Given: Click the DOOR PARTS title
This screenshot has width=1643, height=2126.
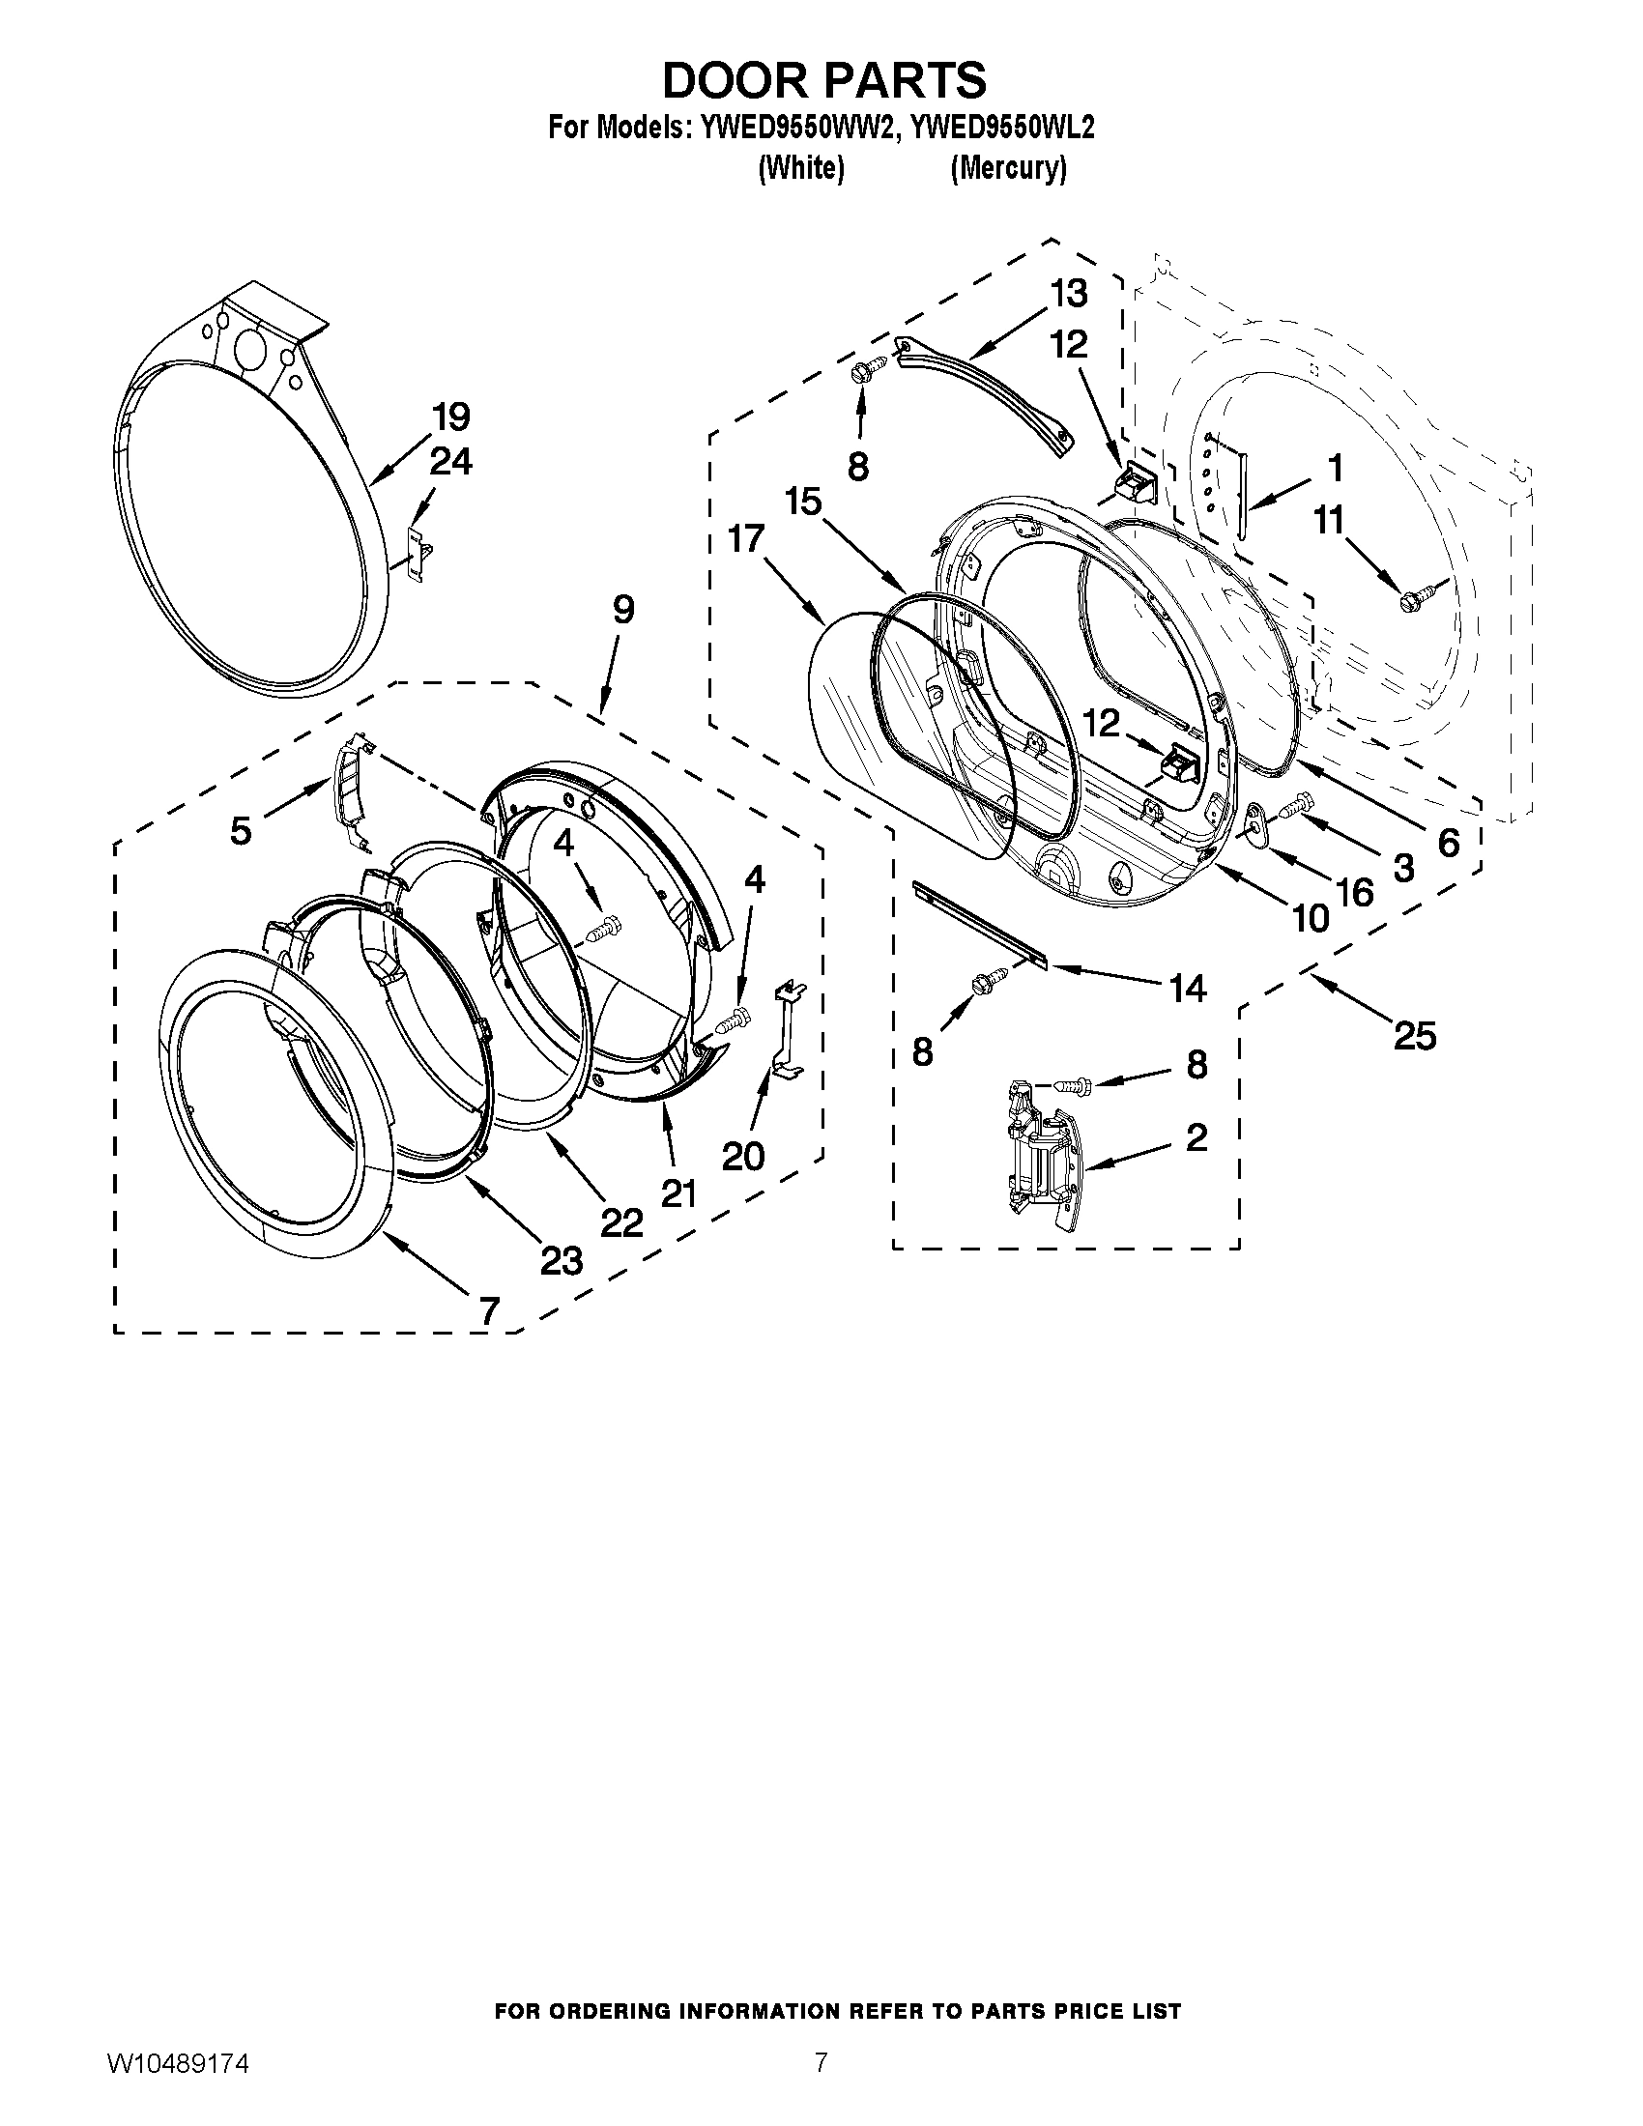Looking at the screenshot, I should pos(823,80).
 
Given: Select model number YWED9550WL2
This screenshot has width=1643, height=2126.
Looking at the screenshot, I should pos(999,128).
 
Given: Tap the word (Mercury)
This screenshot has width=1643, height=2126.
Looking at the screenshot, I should pos(1007,168).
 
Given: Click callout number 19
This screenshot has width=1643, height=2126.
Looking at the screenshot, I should pos(451,417).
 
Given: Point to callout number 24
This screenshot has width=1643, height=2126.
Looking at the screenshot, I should pos(451,461).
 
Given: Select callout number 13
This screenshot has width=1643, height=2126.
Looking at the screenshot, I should pos(1068,293).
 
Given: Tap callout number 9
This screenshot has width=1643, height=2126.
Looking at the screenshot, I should pos(623,610).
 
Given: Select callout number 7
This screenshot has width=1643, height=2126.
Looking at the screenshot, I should pos(488,1309).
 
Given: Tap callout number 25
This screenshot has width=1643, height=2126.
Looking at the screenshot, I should pos(1414,1036).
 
